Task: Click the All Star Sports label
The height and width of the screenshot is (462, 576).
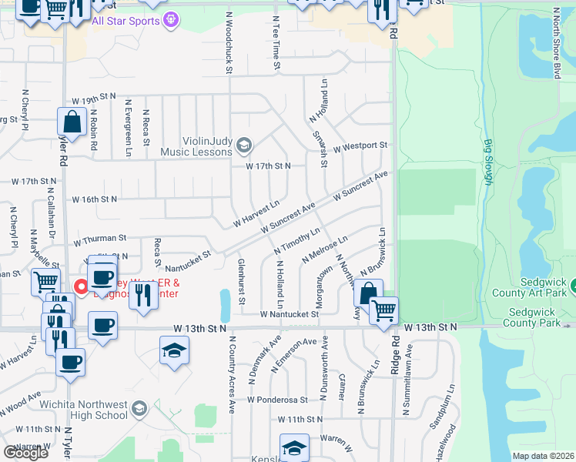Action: tap(126, 20)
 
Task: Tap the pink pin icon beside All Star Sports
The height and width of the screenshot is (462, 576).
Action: tap(172, 19)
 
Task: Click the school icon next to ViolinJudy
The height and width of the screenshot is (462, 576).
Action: tap(244, 145)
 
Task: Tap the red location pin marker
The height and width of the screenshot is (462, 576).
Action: tap(80, 287)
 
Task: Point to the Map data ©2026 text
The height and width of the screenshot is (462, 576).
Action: tap(543, 456)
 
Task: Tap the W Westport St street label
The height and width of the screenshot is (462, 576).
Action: tap(360, 145)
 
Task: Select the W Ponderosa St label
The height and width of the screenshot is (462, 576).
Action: tap(277, 400)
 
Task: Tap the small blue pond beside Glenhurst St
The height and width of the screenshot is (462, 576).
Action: tap(225, 306)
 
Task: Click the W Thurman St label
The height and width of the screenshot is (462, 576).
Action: tap(99, 240)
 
